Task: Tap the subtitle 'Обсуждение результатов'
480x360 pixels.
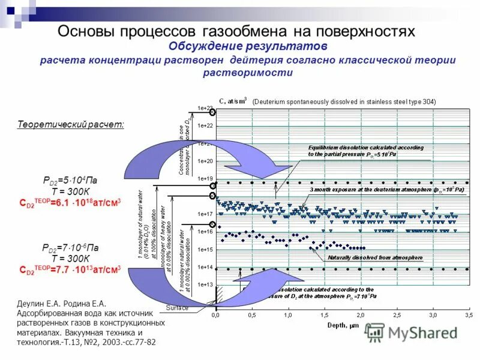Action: [x=247, y=47]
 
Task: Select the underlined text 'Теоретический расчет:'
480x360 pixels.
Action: [x=71, y=124]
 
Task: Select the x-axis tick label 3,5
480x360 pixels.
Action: [x=469, y=314]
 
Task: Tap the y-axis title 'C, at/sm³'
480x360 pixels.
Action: [x=233, y=101]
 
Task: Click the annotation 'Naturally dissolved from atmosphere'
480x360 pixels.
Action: [x=374, y=258]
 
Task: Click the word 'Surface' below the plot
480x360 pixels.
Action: [x=178, y=308]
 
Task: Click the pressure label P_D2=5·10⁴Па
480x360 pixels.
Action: [x=70, y=179]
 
